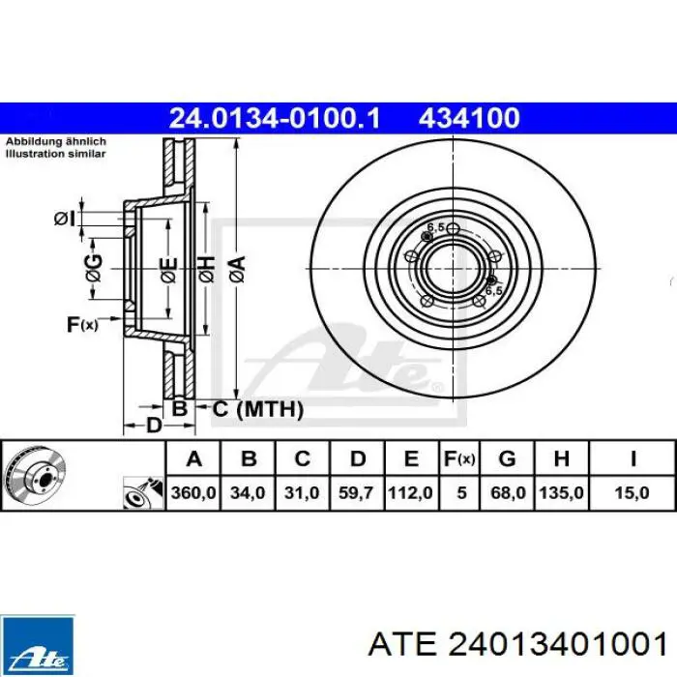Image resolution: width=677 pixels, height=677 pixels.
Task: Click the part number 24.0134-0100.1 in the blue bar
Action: [x=275, y=118]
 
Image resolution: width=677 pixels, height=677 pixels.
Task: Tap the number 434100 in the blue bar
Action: [x=469, y=118]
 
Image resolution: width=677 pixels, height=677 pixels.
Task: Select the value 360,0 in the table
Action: [x=193, y=492]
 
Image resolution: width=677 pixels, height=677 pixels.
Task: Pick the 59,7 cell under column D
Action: [x=356, y=492]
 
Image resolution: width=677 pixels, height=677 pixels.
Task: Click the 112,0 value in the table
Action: [x=410, y=492]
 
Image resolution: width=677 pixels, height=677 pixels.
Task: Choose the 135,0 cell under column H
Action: [x=561, y=492]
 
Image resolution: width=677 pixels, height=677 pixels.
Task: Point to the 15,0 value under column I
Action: [x=632, y=492]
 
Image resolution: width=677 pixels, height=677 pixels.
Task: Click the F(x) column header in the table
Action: [x=459, y=459]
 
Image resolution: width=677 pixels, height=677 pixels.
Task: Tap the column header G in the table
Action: [x=508, y=459]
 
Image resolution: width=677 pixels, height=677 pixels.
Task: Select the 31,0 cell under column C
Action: [x=302, y=492]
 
